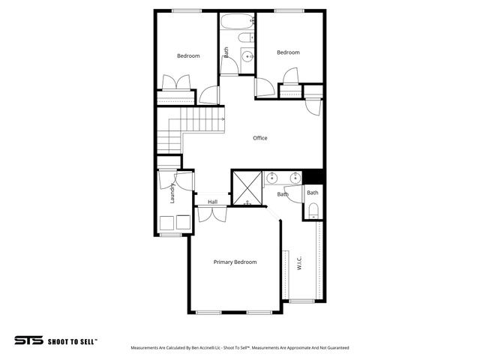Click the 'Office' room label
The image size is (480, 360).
(x=259, y=138)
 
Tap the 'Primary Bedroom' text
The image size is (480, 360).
(x=235, y=262)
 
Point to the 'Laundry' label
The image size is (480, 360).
(x=172, y=193)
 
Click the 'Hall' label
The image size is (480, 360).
(x=212, y=202)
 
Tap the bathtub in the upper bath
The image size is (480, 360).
(x=238, y=20)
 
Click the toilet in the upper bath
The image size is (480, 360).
(x=244, y=38)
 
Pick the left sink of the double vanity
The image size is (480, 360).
(x=272, y=178)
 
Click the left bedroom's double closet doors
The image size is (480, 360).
(x=175, y=82)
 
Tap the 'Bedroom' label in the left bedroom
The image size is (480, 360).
(x=188, y=55)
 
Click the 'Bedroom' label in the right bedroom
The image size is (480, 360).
(x=288, y=52)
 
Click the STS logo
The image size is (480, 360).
(x=29, y=340)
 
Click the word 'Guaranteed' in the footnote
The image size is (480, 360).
(x=335, y=348)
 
